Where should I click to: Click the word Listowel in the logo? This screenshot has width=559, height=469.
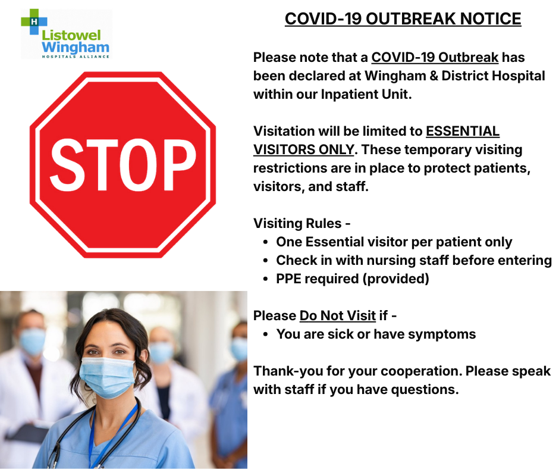click(x=71, y=35)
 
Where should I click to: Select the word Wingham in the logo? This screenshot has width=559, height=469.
click(x=75, y=47)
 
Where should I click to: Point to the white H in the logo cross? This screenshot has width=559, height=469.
click(x=34, y=21)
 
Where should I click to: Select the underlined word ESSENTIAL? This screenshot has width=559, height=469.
click(x=463, y=131)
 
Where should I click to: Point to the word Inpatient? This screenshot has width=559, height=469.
click(x=348, y=94)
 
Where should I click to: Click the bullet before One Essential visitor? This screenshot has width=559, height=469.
click(x=265, y=242)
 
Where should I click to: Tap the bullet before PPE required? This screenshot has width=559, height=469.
click(x=265, y=279)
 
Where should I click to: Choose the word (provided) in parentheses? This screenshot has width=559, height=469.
click(x=395, y=279)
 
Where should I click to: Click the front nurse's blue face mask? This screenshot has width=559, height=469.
click(x=107, y=377)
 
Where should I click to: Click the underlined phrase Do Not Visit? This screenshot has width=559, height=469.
click(x=338, y=315)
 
